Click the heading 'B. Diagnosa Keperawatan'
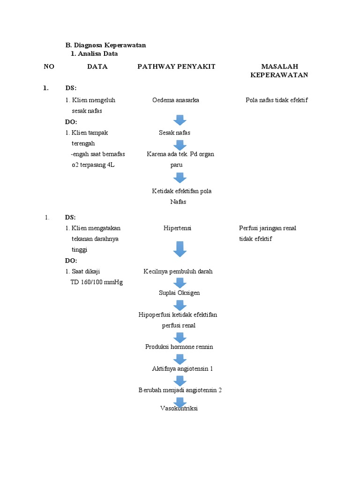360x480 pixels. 105,45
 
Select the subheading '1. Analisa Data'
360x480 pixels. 94,53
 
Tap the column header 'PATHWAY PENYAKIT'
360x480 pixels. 176,67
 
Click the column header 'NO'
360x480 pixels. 49,67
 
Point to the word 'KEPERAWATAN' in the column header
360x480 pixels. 279,75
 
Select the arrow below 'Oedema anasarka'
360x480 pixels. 180,120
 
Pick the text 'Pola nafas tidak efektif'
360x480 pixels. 277,100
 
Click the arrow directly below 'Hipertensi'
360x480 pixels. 180,248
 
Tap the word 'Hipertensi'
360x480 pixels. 177,228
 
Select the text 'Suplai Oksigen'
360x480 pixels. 179,293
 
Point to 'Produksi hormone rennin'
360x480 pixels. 179,347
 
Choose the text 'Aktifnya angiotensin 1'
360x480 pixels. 182,369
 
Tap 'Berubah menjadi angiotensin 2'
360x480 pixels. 180,390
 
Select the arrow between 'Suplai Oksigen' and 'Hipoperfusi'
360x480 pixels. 180,305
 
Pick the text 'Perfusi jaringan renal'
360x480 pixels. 267,228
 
